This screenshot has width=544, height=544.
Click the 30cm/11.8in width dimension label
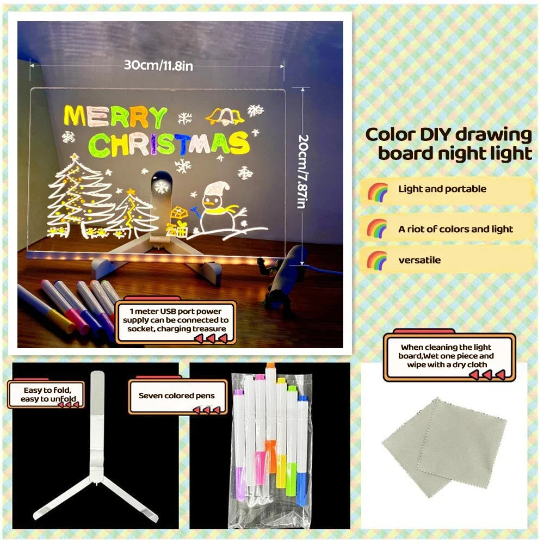(x=158, y=65)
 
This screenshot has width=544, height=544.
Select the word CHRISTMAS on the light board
(x=169, y=144)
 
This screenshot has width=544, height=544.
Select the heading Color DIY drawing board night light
(x=448, y=143)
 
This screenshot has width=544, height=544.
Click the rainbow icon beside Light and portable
(x=377, y=191)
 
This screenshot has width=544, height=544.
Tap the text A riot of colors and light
(x=455, y=229)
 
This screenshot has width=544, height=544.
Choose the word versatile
(x=419, y=260)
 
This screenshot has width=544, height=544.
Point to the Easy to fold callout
(x=46, y=394)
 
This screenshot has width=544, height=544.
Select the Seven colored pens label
(x=176, y=396)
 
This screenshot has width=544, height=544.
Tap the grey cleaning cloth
(x=444, y=446)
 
